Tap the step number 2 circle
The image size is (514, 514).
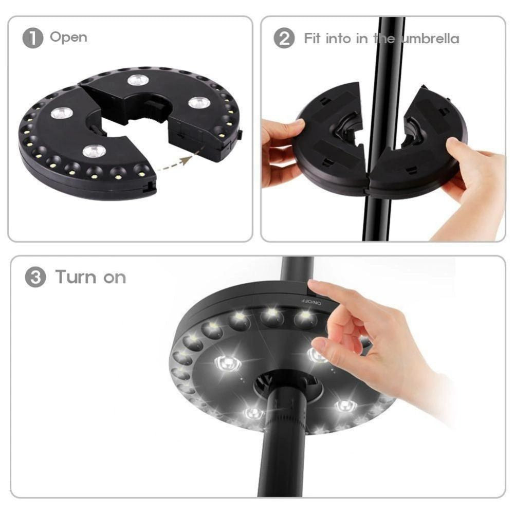point(284,39)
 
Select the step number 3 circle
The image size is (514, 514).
point(35,278)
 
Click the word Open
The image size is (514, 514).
point(68,38)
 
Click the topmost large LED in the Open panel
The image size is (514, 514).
point(138,80)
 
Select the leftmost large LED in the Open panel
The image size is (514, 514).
point(61,113)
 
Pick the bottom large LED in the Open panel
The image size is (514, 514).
point(94,151)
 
